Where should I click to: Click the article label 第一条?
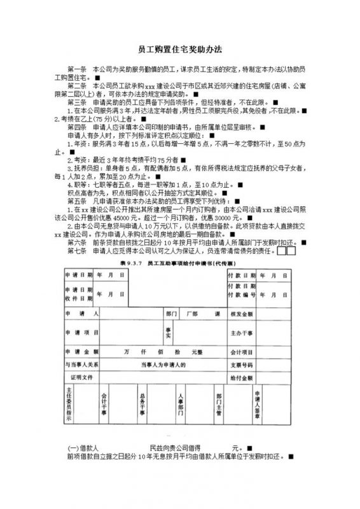coord(76,68)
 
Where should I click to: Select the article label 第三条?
coord(76,102)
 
